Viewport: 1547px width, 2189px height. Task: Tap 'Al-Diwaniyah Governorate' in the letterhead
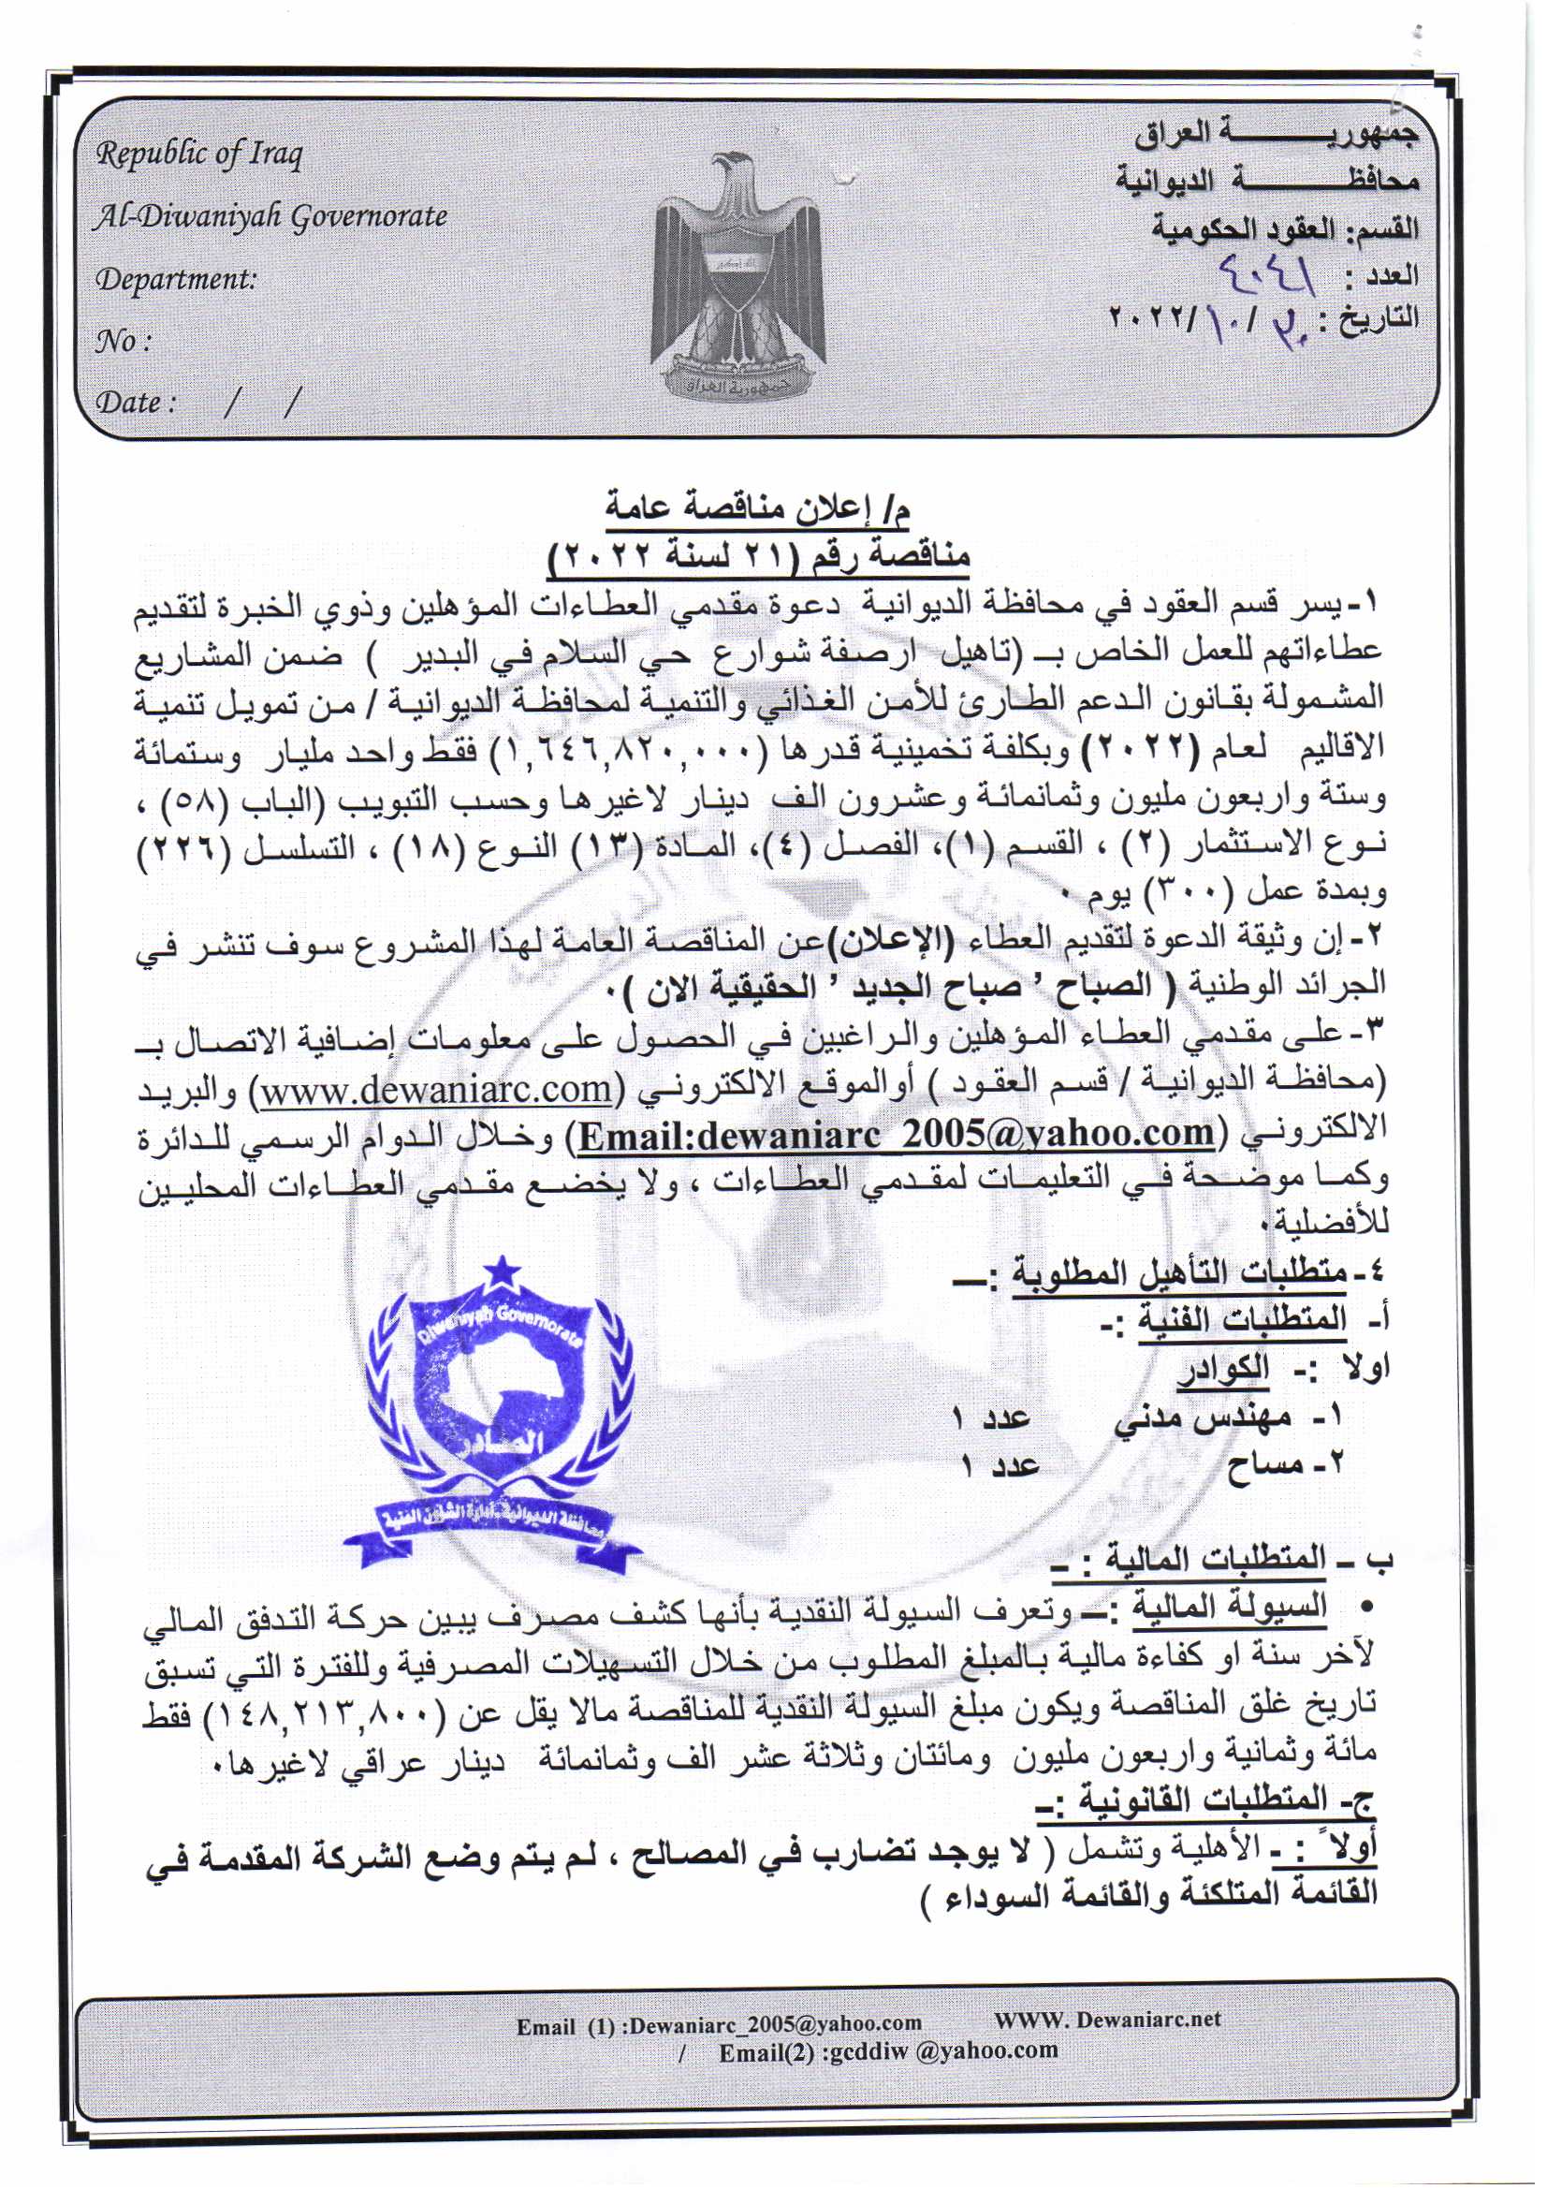point(270,217)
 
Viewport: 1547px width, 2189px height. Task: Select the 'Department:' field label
point(175,279)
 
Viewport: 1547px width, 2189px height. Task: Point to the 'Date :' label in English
point(136,403)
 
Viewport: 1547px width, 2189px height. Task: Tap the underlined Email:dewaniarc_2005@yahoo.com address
point(896,1133)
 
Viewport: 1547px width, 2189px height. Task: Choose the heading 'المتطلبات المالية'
point(1215,1558)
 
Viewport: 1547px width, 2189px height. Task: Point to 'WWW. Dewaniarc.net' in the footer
point(1106,2020)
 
